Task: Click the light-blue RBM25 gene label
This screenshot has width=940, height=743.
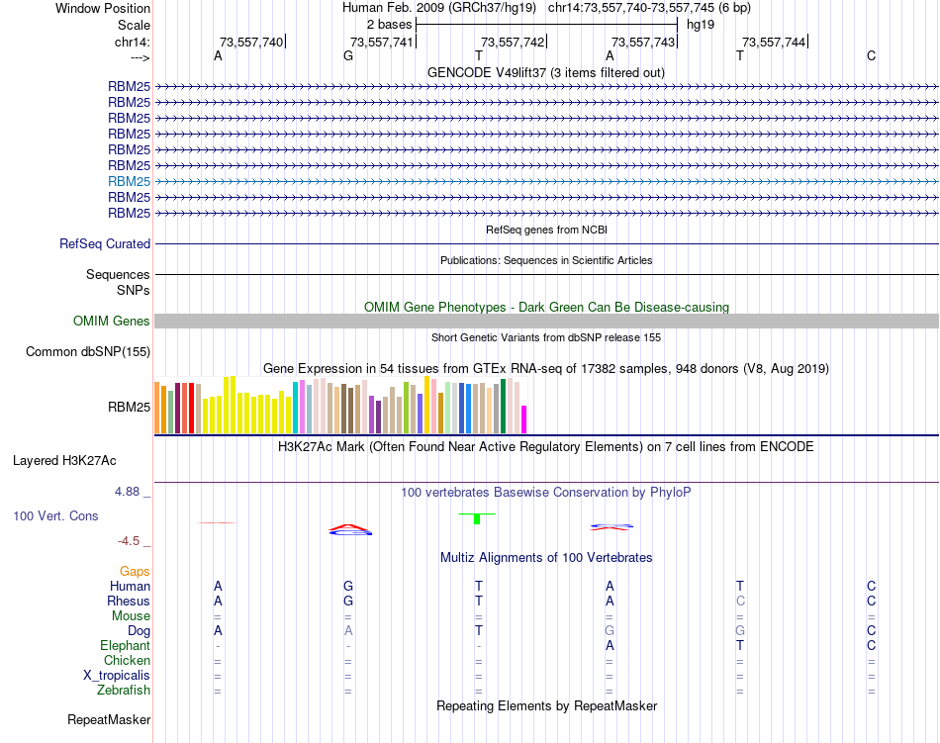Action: point(130,181)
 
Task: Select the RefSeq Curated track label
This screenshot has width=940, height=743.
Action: point(105,243)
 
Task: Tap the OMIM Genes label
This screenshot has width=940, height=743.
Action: point(112,321)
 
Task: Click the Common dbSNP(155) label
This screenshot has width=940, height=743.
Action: point(88,351)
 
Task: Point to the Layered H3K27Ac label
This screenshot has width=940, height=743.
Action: point(64,460)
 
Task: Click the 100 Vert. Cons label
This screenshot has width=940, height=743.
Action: point(55,515)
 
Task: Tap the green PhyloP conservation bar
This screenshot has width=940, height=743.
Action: point(478,518)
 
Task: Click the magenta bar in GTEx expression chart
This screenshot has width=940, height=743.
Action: point(524,419)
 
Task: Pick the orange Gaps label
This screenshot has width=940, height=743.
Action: point(135,571)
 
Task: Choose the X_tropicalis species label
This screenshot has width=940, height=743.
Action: point(117,675)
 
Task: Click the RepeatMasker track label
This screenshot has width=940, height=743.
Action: point(108,719)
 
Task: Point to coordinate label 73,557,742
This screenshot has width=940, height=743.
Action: point(513,42)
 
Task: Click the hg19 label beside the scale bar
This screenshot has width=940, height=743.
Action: point(702,24)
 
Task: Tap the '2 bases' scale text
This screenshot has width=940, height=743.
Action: point(389,24)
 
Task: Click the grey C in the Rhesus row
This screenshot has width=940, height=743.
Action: point(740,601)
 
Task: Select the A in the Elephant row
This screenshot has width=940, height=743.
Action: point(610,645)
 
